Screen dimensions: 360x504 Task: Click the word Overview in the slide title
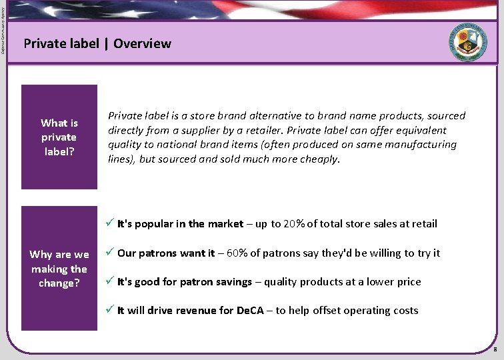pos(142,44)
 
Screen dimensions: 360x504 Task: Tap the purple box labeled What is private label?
pos(59,137)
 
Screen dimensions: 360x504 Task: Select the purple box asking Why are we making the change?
pos(59,269)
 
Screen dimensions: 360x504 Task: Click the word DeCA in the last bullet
pos(251,310)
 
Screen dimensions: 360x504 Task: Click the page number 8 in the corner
pos(494,350)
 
